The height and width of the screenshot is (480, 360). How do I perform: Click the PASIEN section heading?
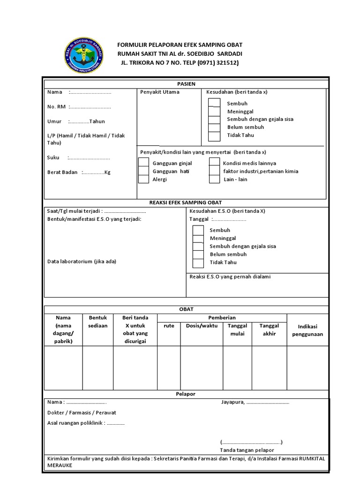tap(186, 83)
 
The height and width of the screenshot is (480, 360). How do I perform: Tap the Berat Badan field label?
tap(62, 172)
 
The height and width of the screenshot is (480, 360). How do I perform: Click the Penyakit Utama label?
tap(160, 92)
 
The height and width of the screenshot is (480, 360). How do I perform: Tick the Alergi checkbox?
tap(144, 179)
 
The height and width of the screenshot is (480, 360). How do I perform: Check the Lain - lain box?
tap(214, 179)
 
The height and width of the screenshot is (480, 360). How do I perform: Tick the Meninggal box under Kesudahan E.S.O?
tap(198, 238)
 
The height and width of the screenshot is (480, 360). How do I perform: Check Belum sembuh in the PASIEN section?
tap(214, 127)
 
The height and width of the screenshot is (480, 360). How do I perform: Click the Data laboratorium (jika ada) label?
tap(82, 261)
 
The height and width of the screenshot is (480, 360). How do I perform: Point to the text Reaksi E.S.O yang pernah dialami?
tap(230, 277)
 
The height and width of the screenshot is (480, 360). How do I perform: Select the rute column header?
tap(169, 326)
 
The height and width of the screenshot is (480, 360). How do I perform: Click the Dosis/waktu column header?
tap(202, 326)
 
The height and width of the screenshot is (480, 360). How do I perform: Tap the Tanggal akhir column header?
tap(269, 330)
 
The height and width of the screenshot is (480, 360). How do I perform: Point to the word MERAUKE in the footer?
tap(60, 466)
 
